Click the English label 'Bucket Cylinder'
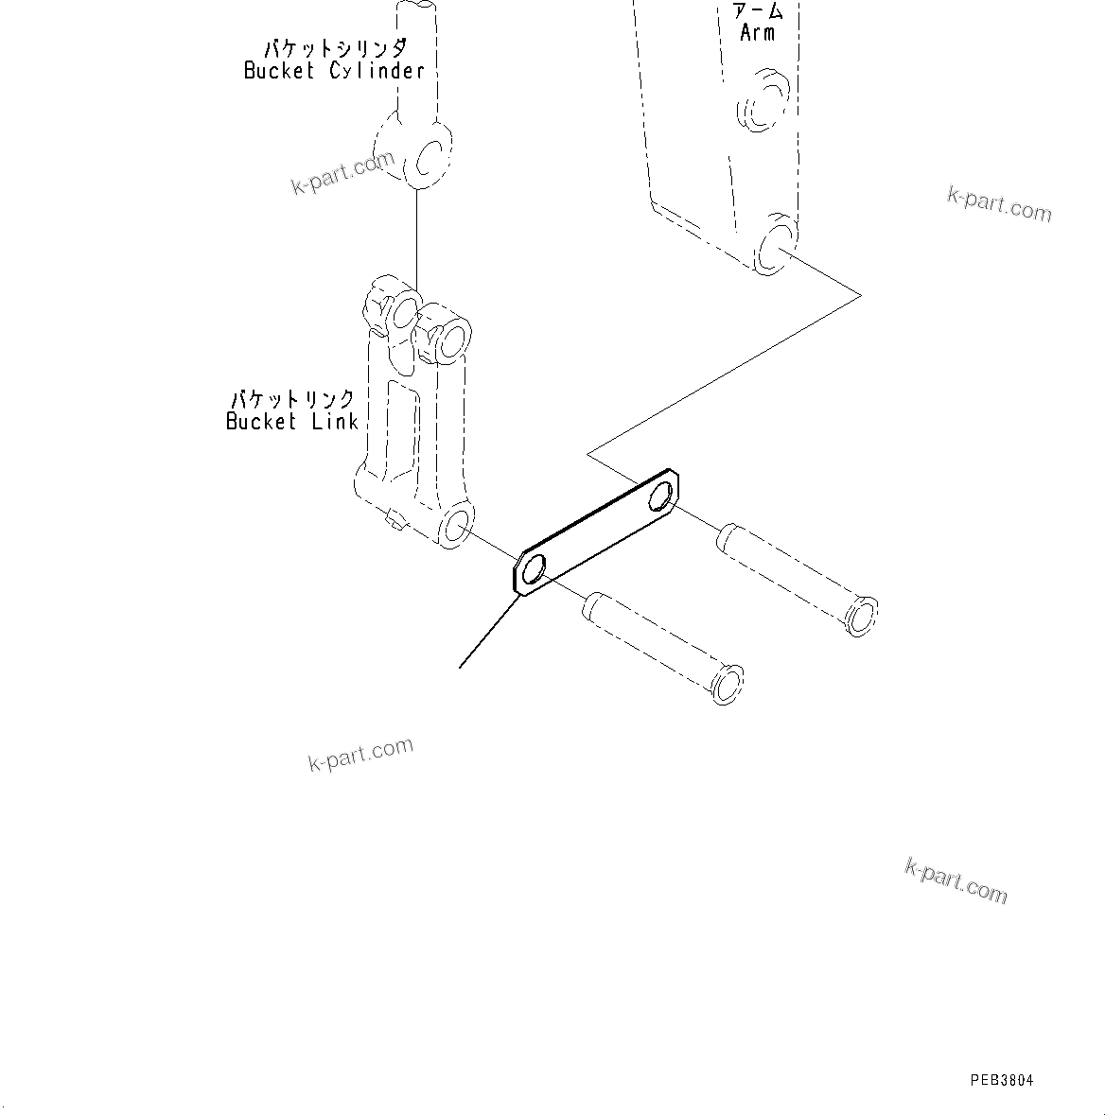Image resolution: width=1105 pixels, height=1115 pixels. tap(334, 71)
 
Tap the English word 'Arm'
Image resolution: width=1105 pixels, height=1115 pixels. tap(757, 33)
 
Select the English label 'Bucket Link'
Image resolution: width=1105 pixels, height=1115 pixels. tap(291, 422)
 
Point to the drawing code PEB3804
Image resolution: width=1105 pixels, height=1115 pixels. tap(1001, 1080)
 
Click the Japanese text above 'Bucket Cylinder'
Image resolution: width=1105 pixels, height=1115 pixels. tap(335, 48)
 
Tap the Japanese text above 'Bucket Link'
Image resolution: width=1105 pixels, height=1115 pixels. tap(293, 399)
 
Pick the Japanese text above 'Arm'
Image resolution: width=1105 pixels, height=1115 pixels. tap(758, 11)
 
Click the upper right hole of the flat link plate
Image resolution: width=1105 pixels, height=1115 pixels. tap(664, 494)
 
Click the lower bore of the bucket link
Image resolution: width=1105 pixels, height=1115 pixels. tap(458, 526)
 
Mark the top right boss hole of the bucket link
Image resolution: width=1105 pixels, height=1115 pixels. tap(453, 336)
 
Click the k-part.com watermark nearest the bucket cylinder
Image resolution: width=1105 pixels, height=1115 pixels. tap(342, 173)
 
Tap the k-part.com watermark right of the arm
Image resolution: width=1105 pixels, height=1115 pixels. tap(999, 203)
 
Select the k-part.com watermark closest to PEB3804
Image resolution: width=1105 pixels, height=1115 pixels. tap(956, 880)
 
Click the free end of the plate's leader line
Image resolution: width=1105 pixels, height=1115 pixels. tap(460, 668)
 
